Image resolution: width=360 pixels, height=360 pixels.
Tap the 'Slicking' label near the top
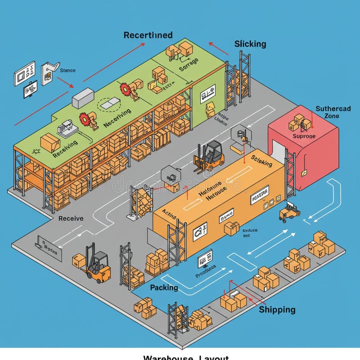pyautogui.click(x=250, y=44)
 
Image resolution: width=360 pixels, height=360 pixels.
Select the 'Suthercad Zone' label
pyautogui.click(x=333, y=112)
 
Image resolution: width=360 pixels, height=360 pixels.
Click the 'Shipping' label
pyautogui.click(x=277, y=310)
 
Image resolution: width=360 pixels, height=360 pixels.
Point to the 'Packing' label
pyautogui.click(x=164, y=288)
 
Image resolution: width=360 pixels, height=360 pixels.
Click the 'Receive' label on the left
pyautogui.click(x=71, y=218)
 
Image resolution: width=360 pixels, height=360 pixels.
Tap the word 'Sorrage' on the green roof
pyautogui.click(x=188, y=65)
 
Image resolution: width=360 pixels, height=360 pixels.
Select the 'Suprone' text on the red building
pyautogui.click(x=304, y=136)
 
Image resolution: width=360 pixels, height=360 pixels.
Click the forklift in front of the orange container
pyautogui.click(x=210, y=156)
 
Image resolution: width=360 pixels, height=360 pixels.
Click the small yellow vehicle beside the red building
pyautogui.click(x=289, y=211)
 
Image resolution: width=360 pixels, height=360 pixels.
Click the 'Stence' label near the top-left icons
pyautogui.click(x=67, y=70)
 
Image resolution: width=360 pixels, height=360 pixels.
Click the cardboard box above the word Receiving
pyautogui.click(x=50, y=142)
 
